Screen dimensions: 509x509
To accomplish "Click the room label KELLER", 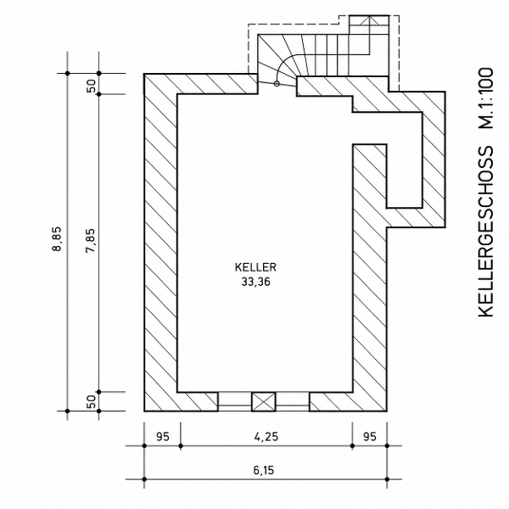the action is (x=255, y=267).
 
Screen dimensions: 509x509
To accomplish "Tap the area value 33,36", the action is (x=255, y=282).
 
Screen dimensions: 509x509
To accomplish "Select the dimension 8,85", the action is (x=57, y=238).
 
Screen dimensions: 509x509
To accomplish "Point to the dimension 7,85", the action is (x=91, y=241).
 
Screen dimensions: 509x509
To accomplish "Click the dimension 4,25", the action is (x=266, y=437).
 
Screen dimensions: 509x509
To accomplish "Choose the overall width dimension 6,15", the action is (x=264, y=470).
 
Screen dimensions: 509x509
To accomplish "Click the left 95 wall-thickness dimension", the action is (x=163, y=437).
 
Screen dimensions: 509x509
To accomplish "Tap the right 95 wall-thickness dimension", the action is (x=369, y=437).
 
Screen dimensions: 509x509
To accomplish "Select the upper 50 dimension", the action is (x=92, y=86).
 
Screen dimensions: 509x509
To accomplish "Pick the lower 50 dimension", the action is (x=92, y=401).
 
